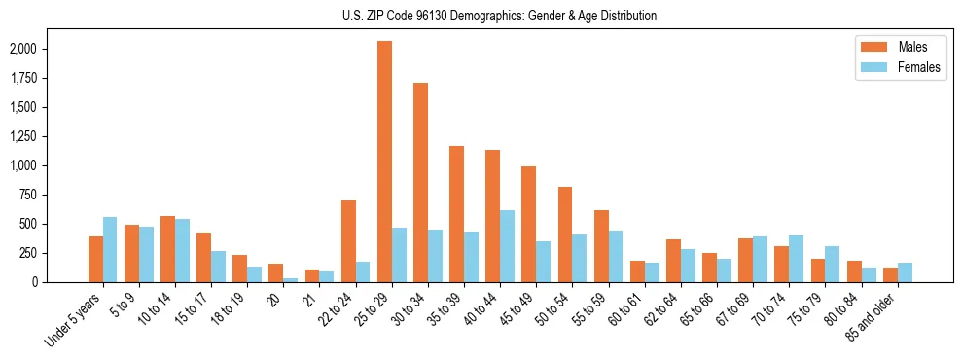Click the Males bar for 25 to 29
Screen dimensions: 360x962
(x=384, y=162)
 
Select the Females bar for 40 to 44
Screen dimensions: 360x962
(x=508, y=246)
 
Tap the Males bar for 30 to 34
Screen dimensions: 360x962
(x=420, y=183)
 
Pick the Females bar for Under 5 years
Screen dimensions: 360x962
(x=110, y=249)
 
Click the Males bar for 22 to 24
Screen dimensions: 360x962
(x=348, y=241)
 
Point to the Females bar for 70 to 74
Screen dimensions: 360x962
(x=797, y=259)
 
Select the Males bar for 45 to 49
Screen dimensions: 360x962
(x=529, y=224)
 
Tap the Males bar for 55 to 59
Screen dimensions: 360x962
(x=601, y=246)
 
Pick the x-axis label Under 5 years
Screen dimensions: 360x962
(x=76, y=319)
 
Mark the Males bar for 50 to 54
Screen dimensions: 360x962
(x=565, y=234)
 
